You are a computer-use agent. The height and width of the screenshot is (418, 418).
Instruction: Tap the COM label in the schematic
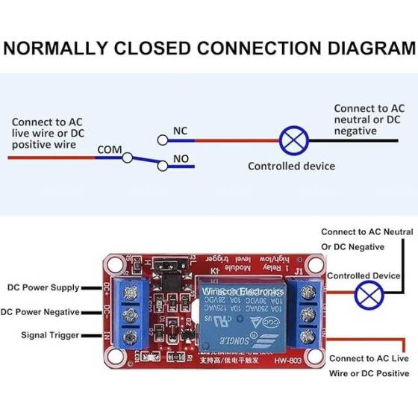(x=109, y=149)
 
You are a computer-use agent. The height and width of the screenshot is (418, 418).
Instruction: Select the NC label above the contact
(x=180, y=131)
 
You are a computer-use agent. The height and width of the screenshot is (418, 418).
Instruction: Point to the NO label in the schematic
(x=181, y=158)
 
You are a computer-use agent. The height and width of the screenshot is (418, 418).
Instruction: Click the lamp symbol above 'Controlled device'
(x=290, y=140)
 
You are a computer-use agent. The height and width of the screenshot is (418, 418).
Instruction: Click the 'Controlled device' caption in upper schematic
(x=291, y=166)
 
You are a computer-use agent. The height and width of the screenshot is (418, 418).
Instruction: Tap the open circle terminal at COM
(x=128, y=157)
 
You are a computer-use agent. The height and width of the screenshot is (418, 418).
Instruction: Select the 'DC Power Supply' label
(x=43, y=287)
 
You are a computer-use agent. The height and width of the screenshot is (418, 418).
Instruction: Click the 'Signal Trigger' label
(x=49, y=335)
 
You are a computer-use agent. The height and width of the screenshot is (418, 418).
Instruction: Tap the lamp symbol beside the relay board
(x=366, y=295)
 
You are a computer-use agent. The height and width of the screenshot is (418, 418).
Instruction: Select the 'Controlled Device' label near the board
(x=364, y=275)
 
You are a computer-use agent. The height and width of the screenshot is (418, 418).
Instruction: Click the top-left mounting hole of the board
(x=114, y=263)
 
